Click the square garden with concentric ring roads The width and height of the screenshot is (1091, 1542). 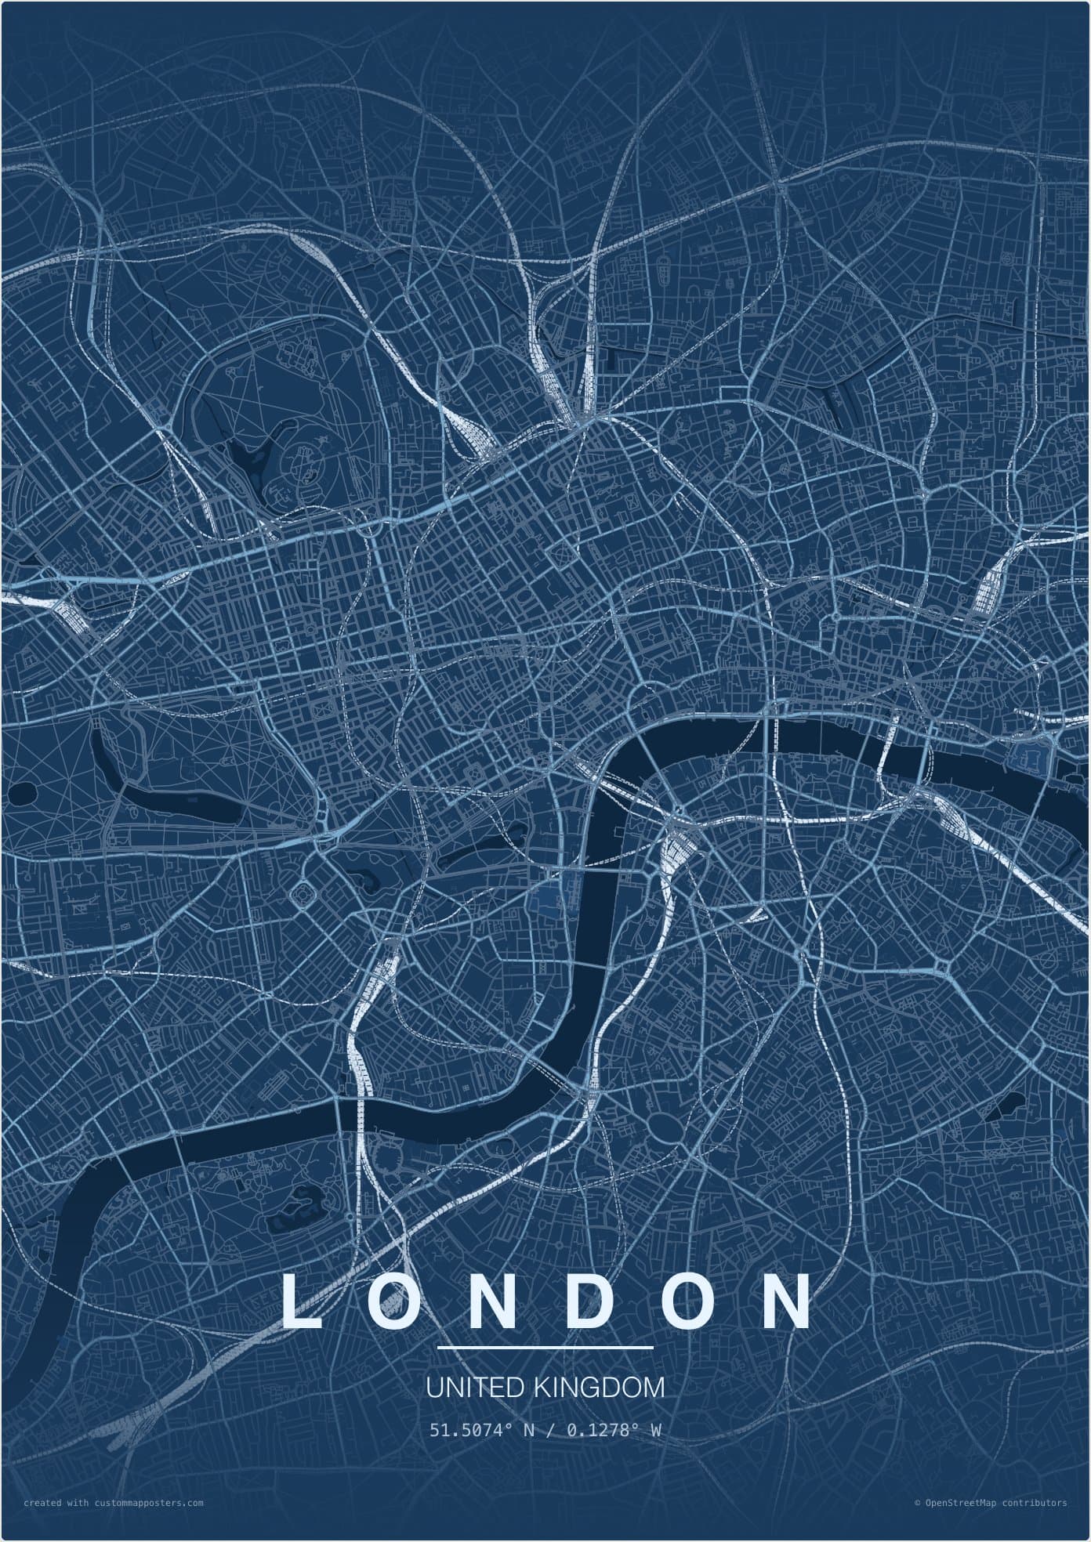click(x=302, y=892)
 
